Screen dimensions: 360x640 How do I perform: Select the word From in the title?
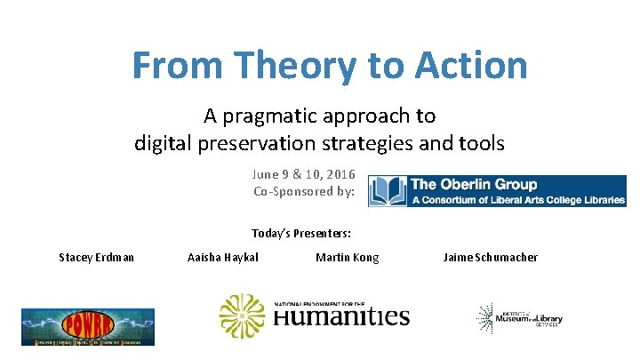tap(173, 66)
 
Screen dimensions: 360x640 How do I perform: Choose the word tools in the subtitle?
tap(480, 142)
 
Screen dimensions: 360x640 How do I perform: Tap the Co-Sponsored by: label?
tap(303, 191)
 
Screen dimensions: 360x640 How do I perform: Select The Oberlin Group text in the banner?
tap(474, 185)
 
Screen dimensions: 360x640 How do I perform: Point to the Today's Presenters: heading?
tap(301, 234)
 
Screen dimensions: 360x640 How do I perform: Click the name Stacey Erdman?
tap(97, 258)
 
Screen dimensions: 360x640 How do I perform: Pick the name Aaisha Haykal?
tap(223, 258)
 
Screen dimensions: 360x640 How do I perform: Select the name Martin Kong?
tap(347, 258)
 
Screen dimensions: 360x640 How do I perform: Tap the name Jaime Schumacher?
tap(490, 258)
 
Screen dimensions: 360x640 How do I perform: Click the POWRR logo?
tap(88, 326)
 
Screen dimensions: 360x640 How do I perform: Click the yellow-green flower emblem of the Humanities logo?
tap(242, 316)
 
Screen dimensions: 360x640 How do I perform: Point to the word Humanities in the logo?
tap(341, 317)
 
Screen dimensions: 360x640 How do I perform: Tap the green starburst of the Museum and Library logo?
tap(487, 317)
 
